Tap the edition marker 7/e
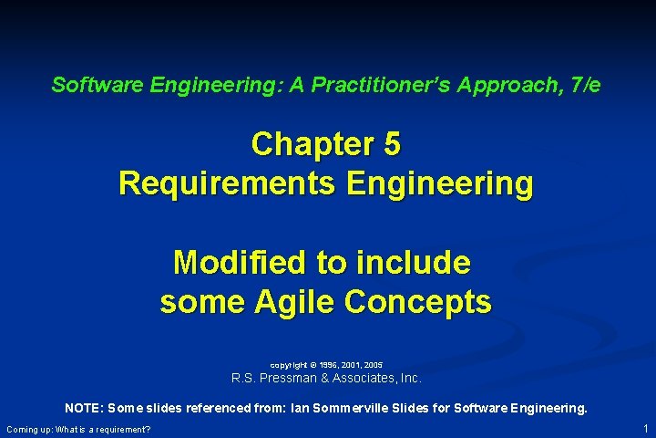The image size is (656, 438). coord(582,86)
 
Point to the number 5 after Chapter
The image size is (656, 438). coord(393,144)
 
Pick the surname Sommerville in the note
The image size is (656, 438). coord(428,409)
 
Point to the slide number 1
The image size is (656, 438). coord(645,428)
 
